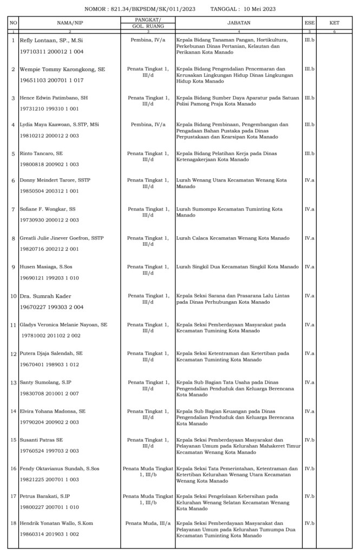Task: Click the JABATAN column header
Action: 238,23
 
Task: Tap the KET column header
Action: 334,23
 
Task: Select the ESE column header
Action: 310,23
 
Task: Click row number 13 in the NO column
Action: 14,382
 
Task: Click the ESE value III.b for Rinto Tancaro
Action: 310,153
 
